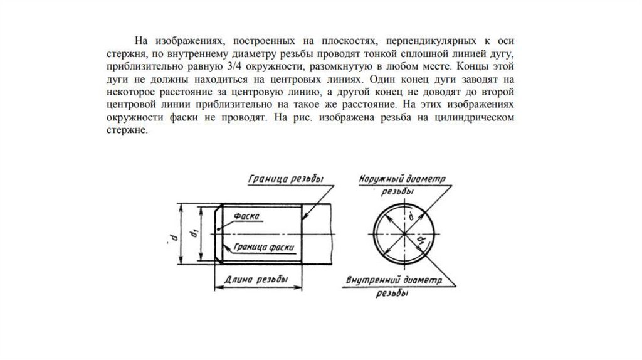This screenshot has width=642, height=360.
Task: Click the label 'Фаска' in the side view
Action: point(247,215)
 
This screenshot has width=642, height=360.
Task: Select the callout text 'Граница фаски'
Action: point(263,247)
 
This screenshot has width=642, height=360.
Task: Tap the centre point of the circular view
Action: point(403,234)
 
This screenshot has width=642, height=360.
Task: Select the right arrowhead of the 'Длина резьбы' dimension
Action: point(300,287)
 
